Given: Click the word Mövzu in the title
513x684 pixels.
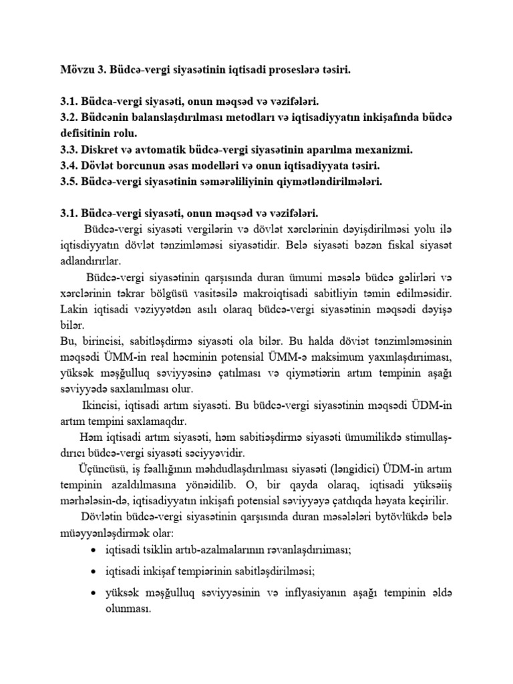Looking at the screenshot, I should pyautogui.click(x=75, y=69).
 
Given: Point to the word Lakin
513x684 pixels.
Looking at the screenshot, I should pyautogui.click(x=73, y=309).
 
